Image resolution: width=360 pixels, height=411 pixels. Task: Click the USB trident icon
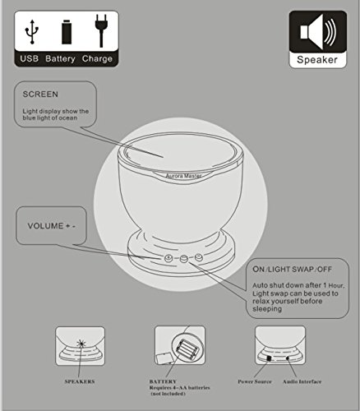32,31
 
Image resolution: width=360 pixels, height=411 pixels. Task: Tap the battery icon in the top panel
67,32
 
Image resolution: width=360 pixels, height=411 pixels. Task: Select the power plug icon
101,30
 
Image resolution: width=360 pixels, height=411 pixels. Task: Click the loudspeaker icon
318,32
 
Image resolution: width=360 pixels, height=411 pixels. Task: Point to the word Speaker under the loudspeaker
317,60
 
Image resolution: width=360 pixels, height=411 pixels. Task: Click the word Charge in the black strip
97,58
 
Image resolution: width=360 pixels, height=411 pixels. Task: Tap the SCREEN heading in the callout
40,95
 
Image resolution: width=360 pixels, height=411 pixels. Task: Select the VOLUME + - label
52,226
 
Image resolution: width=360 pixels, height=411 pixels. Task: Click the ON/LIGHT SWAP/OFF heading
292,269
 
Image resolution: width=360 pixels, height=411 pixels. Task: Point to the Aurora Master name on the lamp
183,176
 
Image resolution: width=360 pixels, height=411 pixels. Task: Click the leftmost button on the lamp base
168,258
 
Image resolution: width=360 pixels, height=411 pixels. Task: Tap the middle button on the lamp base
183,258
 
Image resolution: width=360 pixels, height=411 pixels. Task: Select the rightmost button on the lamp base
199,257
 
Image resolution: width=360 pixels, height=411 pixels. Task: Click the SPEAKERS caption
80,381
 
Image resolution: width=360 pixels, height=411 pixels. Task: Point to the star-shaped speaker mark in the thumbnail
81,344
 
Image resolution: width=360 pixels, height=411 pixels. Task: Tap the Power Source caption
255,381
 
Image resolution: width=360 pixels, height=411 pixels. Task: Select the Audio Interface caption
302,381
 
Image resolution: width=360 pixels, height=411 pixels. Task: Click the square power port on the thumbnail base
269,358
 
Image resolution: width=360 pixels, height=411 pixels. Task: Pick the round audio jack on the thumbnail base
288,358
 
